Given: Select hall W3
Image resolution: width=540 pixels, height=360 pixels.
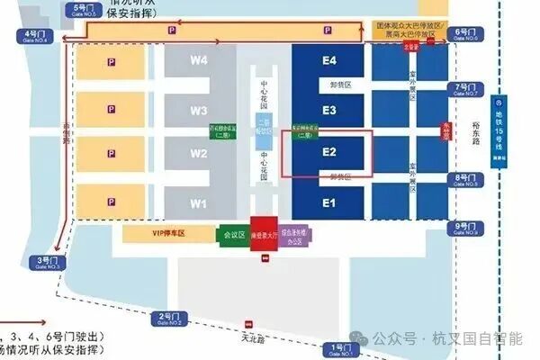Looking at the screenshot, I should coord(199,111).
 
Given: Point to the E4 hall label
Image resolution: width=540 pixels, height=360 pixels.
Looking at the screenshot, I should coord(329,61).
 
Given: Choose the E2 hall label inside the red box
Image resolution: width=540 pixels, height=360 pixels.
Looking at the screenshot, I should coord(329,152).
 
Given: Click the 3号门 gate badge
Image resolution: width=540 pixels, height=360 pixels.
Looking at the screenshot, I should coord(46,263).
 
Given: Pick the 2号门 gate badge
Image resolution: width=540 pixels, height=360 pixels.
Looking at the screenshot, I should coord(172,318).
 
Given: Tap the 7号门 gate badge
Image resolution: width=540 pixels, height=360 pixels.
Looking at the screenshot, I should coord(467,89).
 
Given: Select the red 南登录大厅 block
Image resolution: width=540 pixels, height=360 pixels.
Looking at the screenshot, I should coord(263,232).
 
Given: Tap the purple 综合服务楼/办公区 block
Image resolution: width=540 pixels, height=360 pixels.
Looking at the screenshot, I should coord(295,233).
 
